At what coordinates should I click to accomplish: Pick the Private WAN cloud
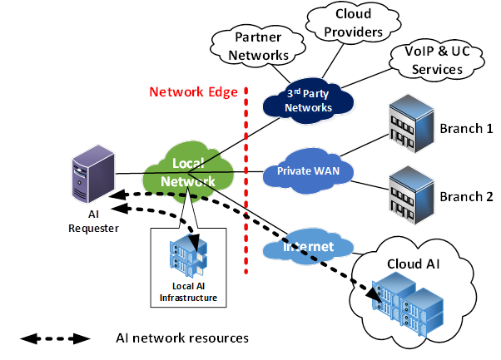point(308,171)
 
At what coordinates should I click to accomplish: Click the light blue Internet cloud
point(309,246)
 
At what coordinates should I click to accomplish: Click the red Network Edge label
point(193,92)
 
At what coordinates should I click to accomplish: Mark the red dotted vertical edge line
point(246,166)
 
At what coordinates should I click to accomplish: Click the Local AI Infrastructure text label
point(189,291)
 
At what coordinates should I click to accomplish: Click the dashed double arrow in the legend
point(55,338)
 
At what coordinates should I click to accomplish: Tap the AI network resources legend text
point(182,338)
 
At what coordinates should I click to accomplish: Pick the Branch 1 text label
point(466,129)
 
